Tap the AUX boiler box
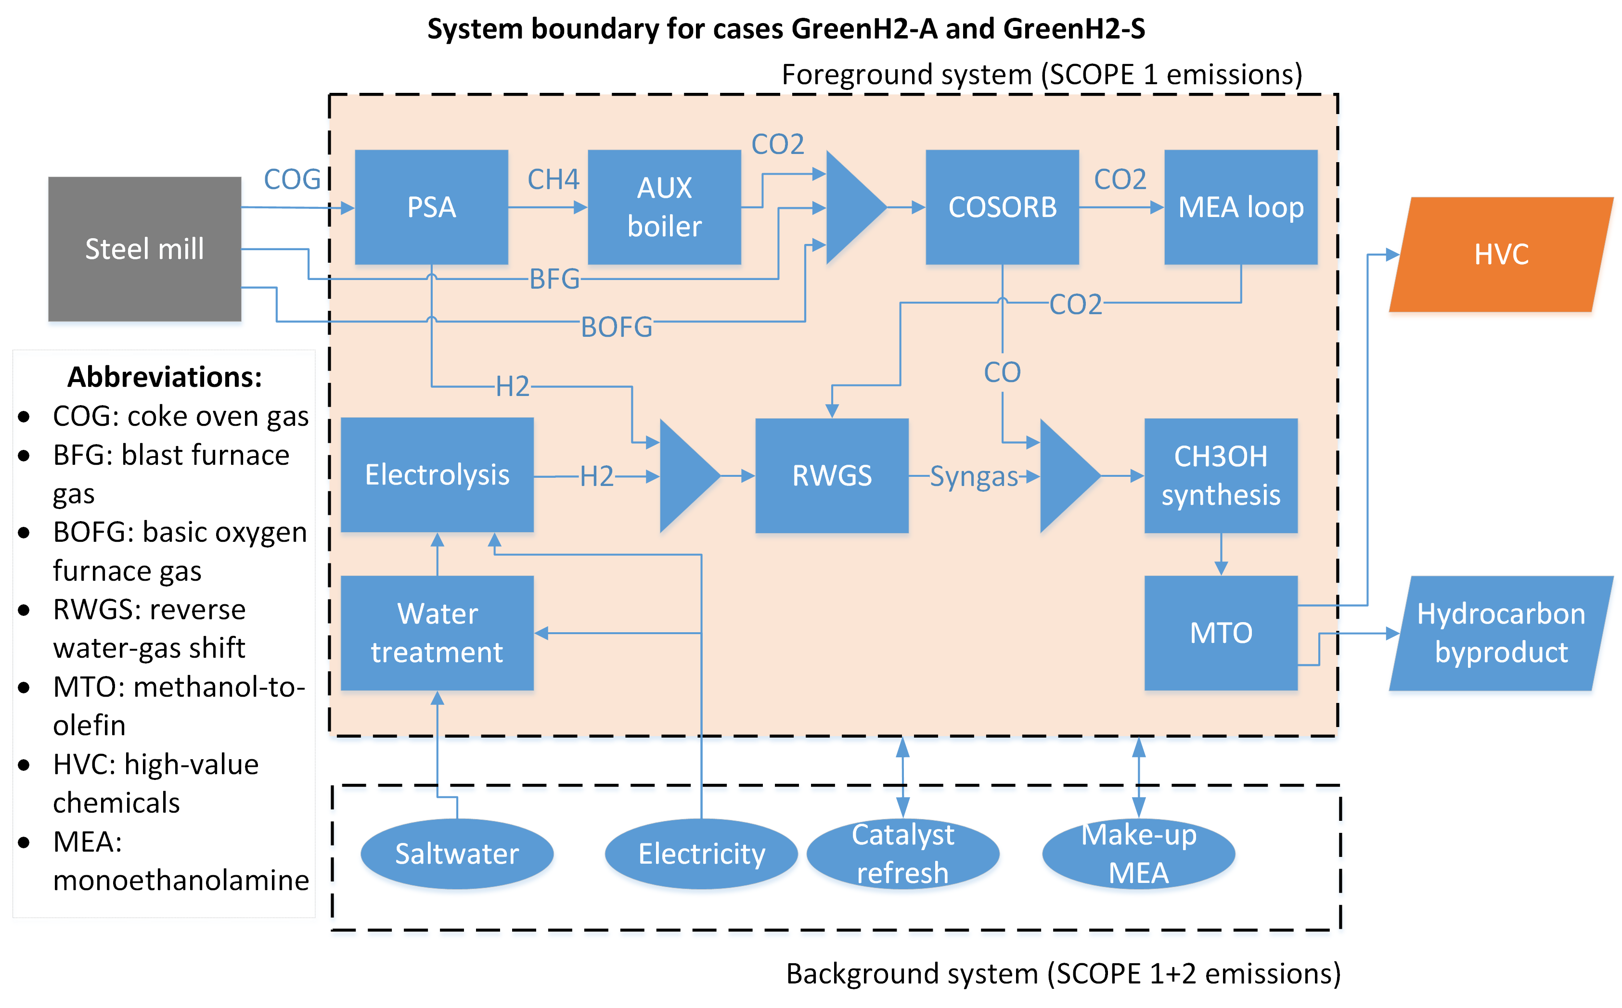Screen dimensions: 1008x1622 pyautogui.click(x=664, y=207)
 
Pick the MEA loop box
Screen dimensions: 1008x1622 pyautogui.click(x=1240, y=207)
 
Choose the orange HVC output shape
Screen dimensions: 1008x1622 pyautogui.click(x=1501, y=255)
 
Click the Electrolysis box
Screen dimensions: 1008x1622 pyautogui.click(x=437, y=475)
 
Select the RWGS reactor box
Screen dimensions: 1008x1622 pyautogui.click(x=832, y=476)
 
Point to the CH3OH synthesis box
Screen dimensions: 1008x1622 pyautogui.click(x=1221, y=476)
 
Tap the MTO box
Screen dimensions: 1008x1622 pyautogui.click(x=1221, y=633)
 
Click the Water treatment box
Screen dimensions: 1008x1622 pyautogui.click(x=437, y=633)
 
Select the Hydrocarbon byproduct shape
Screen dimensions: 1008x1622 pyautogui.click(x=1501, y=633)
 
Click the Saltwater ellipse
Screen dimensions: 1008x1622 pyautogui.click(x=457, y=854)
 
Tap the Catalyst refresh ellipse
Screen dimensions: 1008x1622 pyautogui.click(x=902, y=854)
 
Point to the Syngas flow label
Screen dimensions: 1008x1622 pyautogui.click(x=974, y=477)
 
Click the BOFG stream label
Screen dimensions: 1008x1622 pyautogui.click(x=616, y=327)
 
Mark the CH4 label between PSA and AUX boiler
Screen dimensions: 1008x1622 pyautogui.click(x=553, y=179)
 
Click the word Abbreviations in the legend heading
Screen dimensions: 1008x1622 pyautogui.click(x=165, y=377)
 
